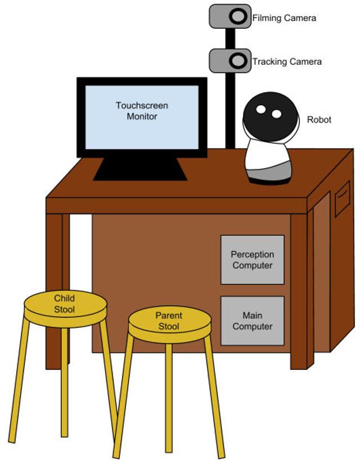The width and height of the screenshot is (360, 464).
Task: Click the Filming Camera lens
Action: [x=238, y=16]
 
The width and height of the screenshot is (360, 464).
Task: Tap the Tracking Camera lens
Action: [x=238, y=59]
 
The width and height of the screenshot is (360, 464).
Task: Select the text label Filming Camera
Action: [x=284, y=18]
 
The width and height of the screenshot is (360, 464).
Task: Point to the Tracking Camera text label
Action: [x=287, y=61]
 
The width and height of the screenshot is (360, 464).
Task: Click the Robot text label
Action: [x=319, y=120]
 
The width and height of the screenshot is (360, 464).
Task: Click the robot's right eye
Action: [x=276, y=114]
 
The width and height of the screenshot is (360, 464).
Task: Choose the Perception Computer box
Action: [x=252, y=260]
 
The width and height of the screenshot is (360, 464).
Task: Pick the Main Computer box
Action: [x=252, y=321]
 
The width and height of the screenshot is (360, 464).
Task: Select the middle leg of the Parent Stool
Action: [x=169, y=394]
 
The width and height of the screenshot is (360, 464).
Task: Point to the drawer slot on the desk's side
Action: [x=342, y=199]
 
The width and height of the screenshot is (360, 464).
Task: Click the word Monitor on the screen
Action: [x=142, y=117]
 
